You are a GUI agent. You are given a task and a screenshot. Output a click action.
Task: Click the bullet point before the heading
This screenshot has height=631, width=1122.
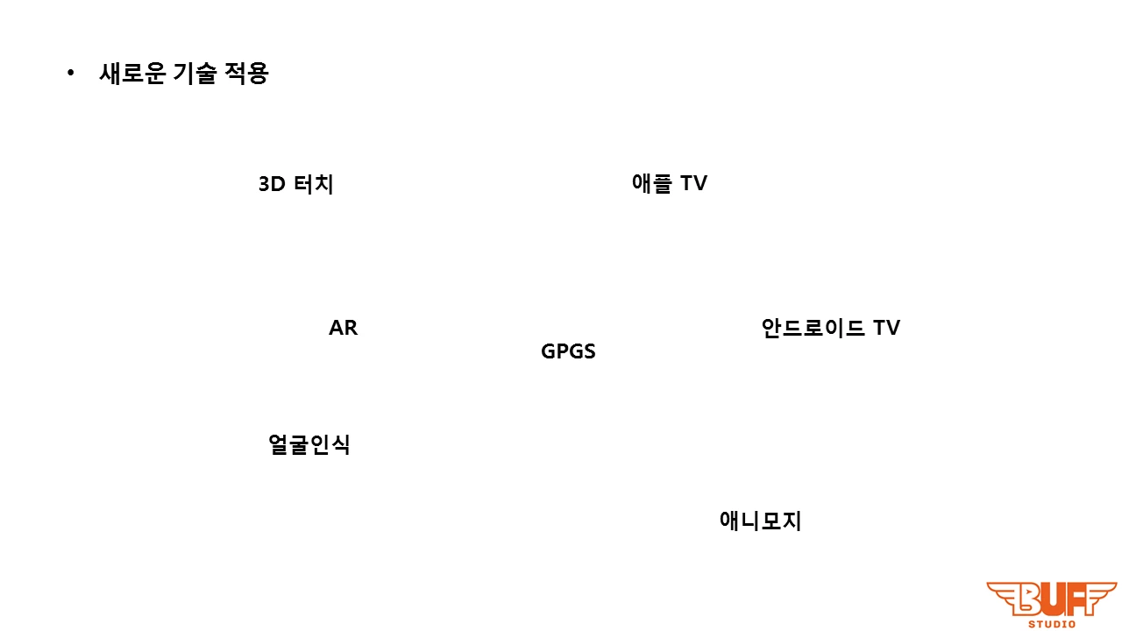tap(71, 74)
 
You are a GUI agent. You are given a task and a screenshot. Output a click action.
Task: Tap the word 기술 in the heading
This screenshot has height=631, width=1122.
tap(194, 74)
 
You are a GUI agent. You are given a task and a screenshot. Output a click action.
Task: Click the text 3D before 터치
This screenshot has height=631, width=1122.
tap(272, 185)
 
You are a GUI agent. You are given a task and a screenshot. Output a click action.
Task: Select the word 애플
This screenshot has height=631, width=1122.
tap(651, 183)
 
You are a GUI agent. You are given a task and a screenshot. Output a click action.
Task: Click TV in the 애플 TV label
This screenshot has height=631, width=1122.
tap(693, 183)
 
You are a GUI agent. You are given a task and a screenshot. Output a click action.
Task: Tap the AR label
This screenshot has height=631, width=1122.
tap(343, 328)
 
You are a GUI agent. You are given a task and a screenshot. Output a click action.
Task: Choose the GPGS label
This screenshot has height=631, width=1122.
tap(568, 351)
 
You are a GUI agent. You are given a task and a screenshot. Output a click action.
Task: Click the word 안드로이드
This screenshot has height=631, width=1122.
tap(813, 328)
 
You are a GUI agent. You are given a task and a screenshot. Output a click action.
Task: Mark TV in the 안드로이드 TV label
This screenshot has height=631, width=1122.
tap(886, 328)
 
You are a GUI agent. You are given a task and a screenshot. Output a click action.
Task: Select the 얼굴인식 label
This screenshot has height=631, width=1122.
tap(309, 444)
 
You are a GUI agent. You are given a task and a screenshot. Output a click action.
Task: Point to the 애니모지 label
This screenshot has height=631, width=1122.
tap(760, 521)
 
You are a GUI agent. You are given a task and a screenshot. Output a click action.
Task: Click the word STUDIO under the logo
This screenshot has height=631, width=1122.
tap(1052, 624)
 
